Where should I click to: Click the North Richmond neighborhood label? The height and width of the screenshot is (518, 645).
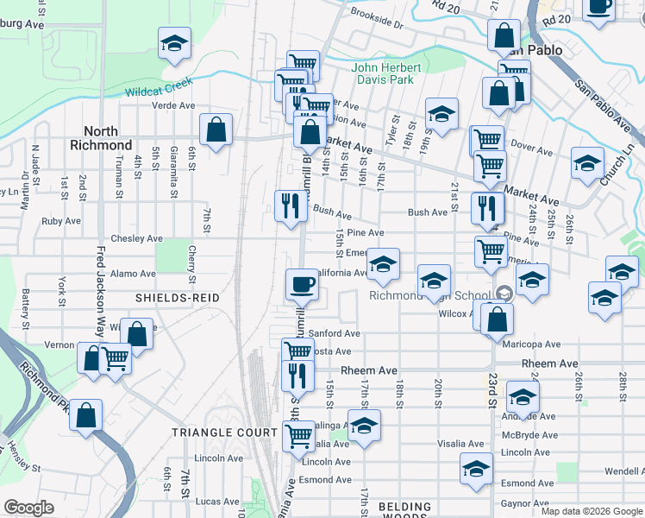coord(102,138)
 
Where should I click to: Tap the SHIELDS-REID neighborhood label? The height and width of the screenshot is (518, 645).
coord(178,297)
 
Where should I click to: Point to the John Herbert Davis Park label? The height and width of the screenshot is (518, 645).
coord(386,74)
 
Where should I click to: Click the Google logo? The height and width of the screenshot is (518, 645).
coord(28,508)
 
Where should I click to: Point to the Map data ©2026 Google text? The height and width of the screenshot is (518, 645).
coord(592,511)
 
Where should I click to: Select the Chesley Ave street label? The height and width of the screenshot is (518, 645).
coord(136,238)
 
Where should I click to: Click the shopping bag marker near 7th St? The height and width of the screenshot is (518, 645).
coord(216,130)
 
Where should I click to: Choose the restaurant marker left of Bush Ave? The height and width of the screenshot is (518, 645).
coord(290,205)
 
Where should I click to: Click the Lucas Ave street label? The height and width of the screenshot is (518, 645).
coord(216,501)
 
